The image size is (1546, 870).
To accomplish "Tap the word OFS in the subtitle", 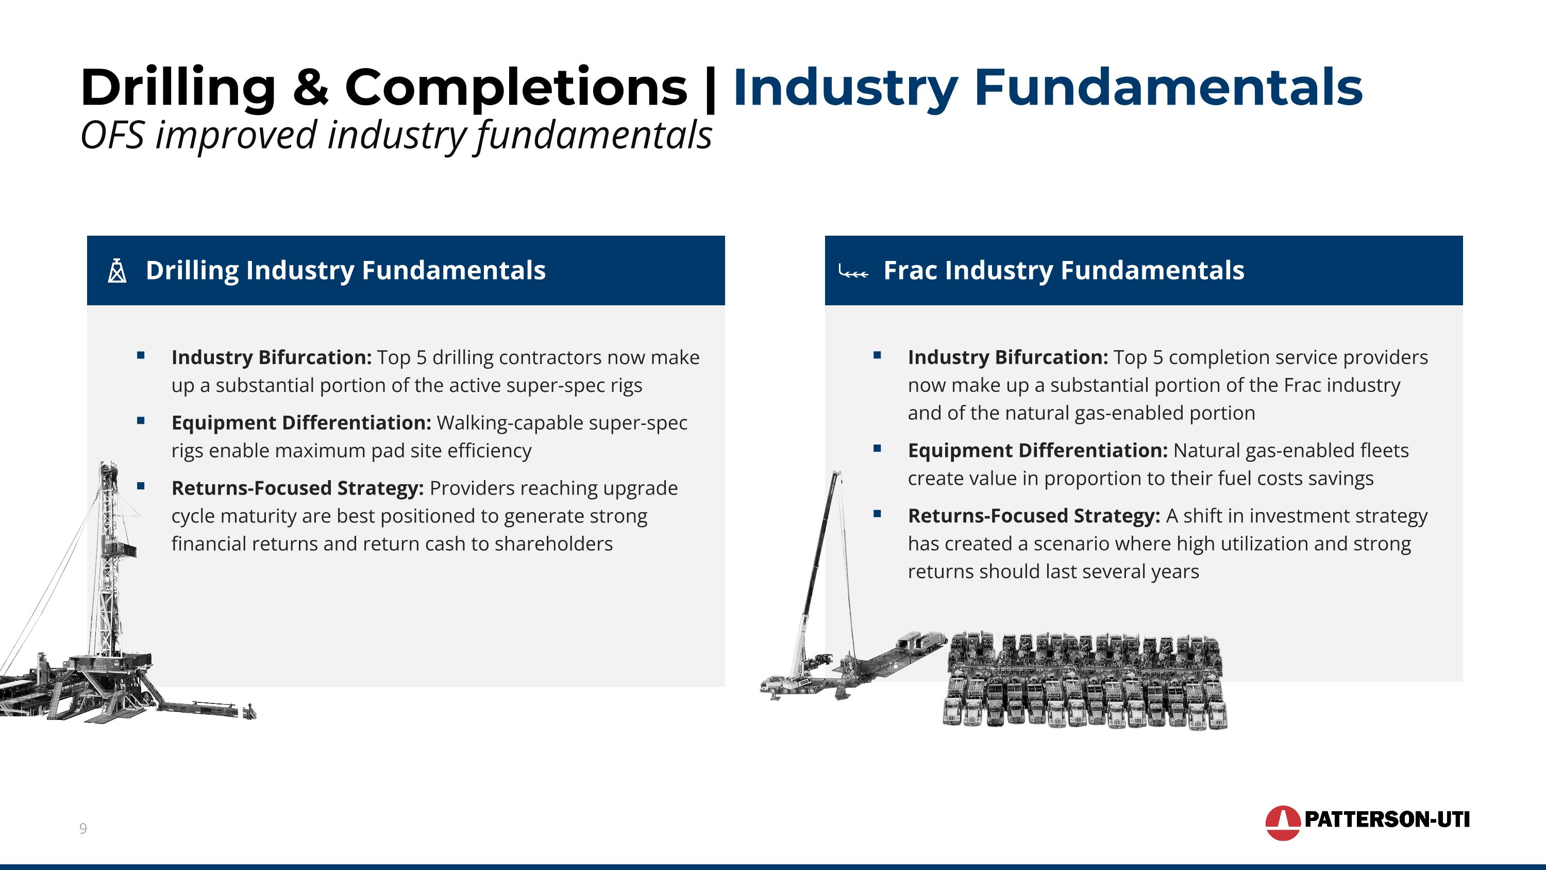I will [x=112, y=135].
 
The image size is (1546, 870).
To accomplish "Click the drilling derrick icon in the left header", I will [x=117, y=271].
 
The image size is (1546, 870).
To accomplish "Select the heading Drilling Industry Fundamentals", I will [x=345, y=271].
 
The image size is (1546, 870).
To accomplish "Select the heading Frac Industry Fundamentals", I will [x=1064, y=271].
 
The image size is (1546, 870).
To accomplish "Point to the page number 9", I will [x=83, y=829].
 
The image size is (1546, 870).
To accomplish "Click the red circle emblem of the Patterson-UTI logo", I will [x=1282, y=822].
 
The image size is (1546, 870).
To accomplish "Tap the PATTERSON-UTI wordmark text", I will [x=1386, y=819].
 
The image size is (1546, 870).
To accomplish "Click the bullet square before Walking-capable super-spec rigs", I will [x=141, y=421].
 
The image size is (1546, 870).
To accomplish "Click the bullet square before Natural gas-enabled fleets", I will [x=877, y=449].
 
